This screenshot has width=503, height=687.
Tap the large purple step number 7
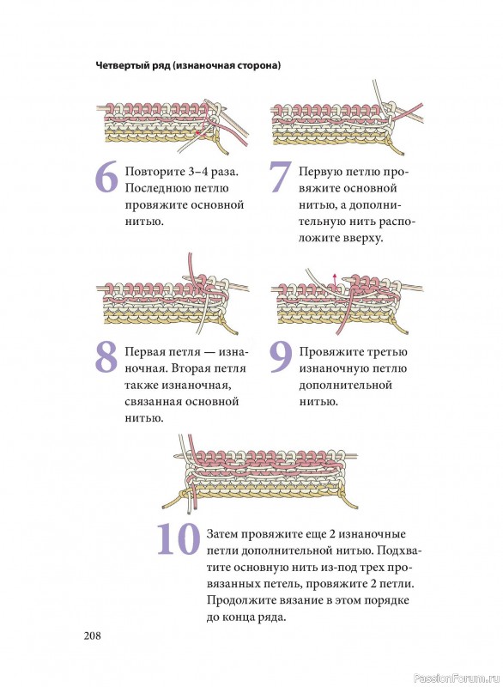coord(280,177)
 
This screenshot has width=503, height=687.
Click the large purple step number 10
coord(179,538)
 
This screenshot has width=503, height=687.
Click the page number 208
coord(93,635)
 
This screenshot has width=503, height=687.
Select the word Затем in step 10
coord(221,534)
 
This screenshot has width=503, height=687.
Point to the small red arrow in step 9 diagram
coord(335,282)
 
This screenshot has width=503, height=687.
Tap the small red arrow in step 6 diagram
coord(200,132)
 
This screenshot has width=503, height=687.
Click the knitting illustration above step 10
coord(260,472)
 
